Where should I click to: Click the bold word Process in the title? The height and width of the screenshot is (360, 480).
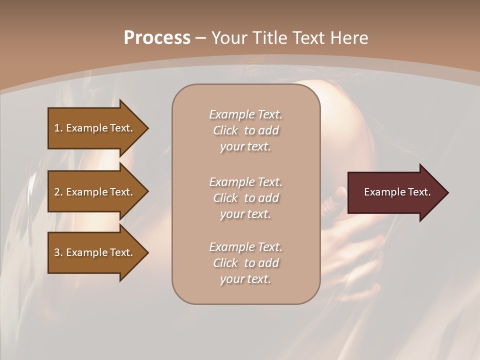[x=157, y=38]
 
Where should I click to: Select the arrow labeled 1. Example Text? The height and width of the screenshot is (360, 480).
[x=95, y=128]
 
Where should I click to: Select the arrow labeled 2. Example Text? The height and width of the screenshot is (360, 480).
[x=95, y=192]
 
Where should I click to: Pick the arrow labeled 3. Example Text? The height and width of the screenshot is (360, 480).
[x=95, y=252]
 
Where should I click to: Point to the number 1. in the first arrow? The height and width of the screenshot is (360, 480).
[x=58, y=128]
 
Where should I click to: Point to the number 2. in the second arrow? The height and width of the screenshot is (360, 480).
[x=58, y=192]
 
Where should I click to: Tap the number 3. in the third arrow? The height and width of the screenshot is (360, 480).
[x=58, y=252]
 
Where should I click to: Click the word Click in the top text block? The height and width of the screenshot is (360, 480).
[x=225, y=130]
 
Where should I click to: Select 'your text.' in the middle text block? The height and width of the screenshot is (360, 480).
[x=245, y=214]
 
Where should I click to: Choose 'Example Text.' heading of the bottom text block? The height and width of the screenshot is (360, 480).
[x=245, y=247]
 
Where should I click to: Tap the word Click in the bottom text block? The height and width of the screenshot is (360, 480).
[x=225, y=263]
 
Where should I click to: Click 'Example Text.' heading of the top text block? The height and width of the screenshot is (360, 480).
[x=245, y=114]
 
